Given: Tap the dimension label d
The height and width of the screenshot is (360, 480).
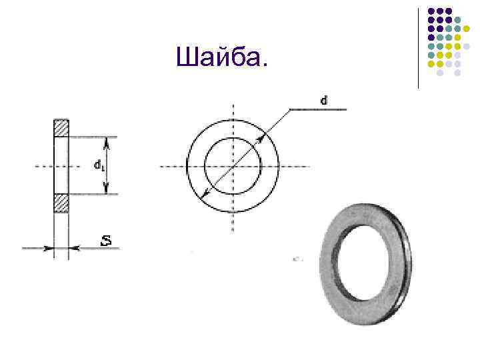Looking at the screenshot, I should pyautogui.click(x=323, y=101).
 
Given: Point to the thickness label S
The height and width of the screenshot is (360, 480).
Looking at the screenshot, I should pyautogui.click(x=105, y=241).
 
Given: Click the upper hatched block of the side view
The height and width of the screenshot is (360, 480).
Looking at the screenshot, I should pyautogui.click(x=61, y=129).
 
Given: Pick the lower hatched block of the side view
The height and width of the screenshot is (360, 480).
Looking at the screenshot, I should pyautogui.click(x=61, y=203).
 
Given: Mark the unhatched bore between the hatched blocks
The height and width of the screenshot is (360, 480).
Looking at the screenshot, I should pyautogui.click(x=61, y=166).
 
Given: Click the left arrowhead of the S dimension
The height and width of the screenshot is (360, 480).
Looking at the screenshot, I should pyautogui.click(x=49, y=248).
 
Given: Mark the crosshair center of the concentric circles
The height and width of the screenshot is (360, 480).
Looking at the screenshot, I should pyautogui.click(x=233, y=166).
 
